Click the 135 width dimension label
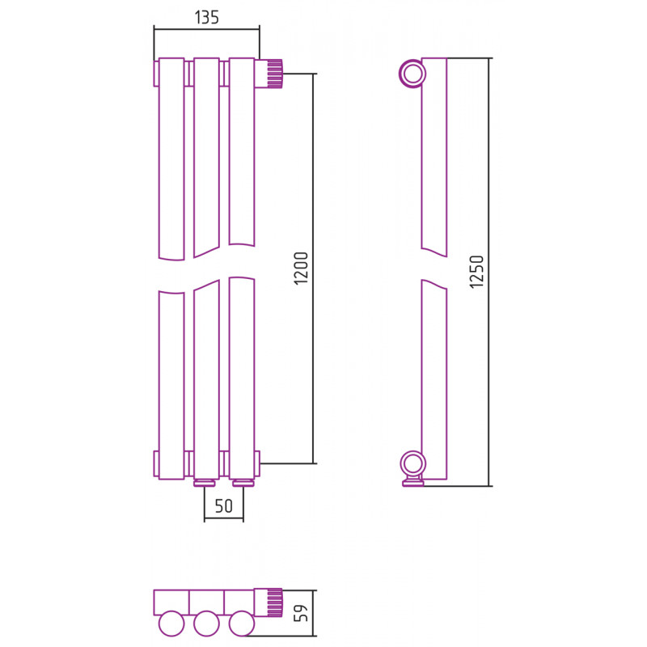(x=207, y=17)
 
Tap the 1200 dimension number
(x=301, y=269)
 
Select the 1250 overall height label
(x=476, y=272)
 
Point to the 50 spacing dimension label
(x=224, y=506)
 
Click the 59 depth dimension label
(x=301, y=613)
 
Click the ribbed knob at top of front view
(x=269, y=74)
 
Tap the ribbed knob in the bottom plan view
(x=269, y=602)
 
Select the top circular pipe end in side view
(x=412, y=74)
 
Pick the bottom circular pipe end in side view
(x=412, y=463)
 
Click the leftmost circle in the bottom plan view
(x=171, y=624)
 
